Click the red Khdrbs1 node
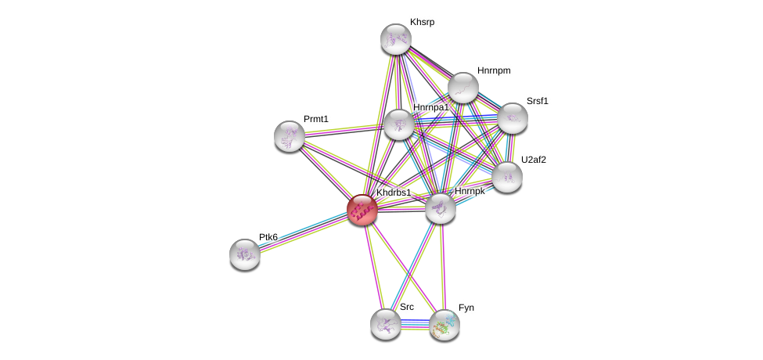click(x=362, y=210)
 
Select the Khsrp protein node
click(x=396, y=39)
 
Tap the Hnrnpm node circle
click(x=463, y=88)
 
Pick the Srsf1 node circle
click(x=513, y=118)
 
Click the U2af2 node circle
click(x=507, y=177)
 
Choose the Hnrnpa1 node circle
click(x=399, y=124)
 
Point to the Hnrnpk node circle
click(x=441, y=208)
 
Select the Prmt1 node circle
click(x=290, y=136)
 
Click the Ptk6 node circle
click(x=245, y=254)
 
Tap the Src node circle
click(x=386, y=324)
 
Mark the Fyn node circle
click(x=444, y=325)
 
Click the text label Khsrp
click(x=422, y=23)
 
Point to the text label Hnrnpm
click(x=494, y=71)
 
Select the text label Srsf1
click(x=537, y=101)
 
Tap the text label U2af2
click(x=534, y=160)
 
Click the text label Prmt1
click(x=316, y=119)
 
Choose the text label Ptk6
click(x=268, y=237)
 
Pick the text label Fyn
click(x=466, y=308)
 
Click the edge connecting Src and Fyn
click(x=415, y=324)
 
